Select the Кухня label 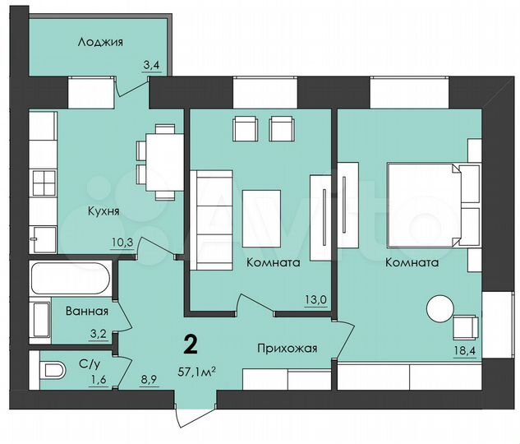tap(104, 210)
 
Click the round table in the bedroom tap(438, 309)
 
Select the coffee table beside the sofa tap(261, 218)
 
